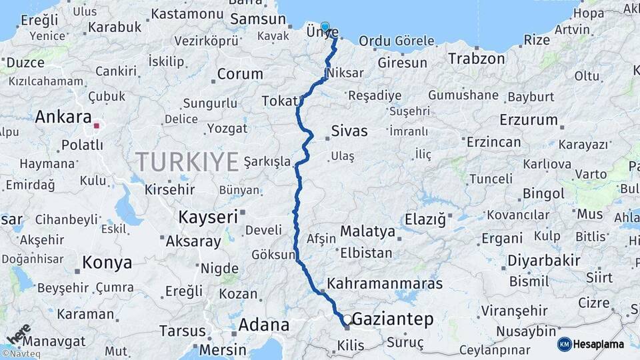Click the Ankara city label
[x=63, y=117]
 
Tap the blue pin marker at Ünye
[x=325, y=28]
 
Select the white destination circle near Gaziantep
[x=347, y=320]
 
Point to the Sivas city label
[x=349, y=131]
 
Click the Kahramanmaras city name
[x=385, y=283]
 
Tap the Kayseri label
[x=208, y=217]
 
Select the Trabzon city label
[x=477, y=59]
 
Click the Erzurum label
[x=531, y=120]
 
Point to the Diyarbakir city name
[x=544, y=260]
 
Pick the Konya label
[x=107, y=263]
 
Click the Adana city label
[x=264, y=325]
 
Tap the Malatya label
[x=367, y=231]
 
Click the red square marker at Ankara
[x=97, y=125]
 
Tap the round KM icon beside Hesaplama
[x=565, y=344]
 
